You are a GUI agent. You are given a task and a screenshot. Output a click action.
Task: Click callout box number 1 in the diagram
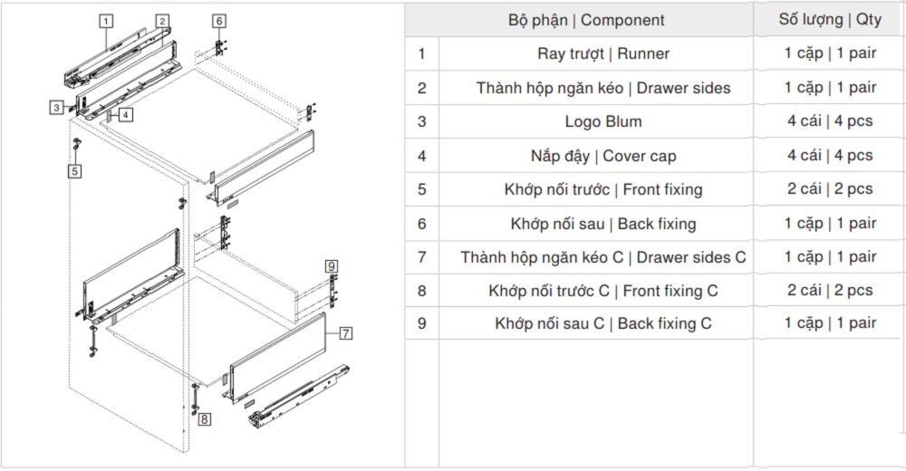[106, 19]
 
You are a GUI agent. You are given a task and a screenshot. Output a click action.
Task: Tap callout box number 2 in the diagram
[161, 20]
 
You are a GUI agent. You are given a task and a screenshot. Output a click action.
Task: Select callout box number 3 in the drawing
[56, 107]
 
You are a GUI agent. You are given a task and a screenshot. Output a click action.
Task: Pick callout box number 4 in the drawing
[125, 114]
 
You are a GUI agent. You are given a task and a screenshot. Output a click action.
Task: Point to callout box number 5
[75, 169]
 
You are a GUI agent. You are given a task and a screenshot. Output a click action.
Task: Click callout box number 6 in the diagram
[218, 20]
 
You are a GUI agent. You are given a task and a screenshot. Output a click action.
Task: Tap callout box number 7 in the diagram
[345, 333]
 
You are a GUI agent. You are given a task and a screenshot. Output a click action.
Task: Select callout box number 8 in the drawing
[206, 419]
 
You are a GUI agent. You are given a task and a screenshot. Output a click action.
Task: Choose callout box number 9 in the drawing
[332, 265]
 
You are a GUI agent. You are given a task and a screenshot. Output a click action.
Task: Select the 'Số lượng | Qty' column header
[830, 20]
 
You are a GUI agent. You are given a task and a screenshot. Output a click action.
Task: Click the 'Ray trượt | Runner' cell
[603, 53]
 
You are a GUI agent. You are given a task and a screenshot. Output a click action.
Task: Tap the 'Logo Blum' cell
[603, 121]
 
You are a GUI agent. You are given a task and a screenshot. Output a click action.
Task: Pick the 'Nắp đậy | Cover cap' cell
[603, 156]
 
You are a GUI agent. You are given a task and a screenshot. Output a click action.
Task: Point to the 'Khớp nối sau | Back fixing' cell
[603, 224]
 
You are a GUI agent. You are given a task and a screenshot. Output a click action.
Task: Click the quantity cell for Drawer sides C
[830, 257]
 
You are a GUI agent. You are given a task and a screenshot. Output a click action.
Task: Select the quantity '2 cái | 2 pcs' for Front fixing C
[830, 291]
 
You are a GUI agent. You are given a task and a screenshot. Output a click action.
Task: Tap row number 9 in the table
[421, 323]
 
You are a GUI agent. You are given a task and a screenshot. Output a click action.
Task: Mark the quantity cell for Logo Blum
[830, 121]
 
